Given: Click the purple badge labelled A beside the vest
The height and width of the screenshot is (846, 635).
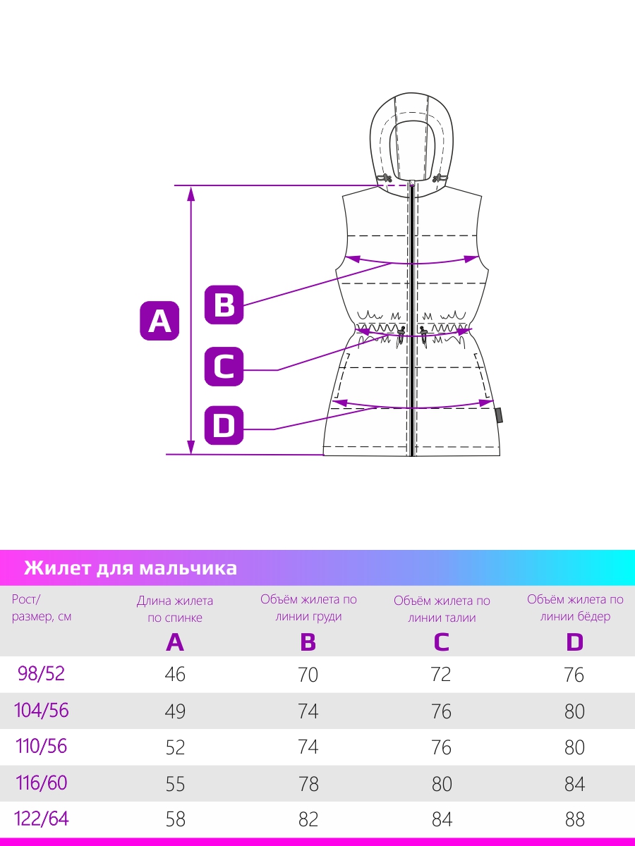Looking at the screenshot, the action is [159, 321].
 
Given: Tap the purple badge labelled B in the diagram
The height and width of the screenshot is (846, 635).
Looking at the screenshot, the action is [224, 305].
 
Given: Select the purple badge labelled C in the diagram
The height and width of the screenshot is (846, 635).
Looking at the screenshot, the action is [224, 366].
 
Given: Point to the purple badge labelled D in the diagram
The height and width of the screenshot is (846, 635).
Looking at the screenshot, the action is [224, 425].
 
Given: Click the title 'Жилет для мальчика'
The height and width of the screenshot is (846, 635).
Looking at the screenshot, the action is [131, 568].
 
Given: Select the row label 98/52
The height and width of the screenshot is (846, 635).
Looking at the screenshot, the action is [41, 673].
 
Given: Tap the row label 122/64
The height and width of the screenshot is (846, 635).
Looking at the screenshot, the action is [41, 819].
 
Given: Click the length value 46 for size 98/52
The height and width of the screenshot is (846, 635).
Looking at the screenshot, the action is [175, 675].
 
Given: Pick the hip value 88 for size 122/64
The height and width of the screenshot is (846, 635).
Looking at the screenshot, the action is [575, 819].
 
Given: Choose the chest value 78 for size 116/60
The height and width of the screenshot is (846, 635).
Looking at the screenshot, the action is [308, 784].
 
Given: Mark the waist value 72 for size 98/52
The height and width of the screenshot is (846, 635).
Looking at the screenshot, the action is [441, 675].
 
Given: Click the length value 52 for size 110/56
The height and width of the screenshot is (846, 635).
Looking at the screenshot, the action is [175, 747].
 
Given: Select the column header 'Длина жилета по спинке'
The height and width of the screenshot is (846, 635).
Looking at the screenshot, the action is [175, 609].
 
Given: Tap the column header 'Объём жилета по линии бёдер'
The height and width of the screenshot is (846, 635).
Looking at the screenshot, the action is [575, 608].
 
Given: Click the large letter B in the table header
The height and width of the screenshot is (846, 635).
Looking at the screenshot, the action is [308, 642].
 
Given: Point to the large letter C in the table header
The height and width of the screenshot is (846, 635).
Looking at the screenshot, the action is [442, 642].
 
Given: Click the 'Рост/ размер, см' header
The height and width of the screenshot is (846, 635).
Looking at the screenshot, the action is [41, 608].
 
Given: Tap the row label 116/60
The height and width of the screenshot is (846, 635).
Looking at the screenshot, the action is [41, 783].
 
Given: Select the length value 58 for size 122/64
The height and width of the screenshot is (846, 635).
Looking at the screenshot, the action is [176, 819].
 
